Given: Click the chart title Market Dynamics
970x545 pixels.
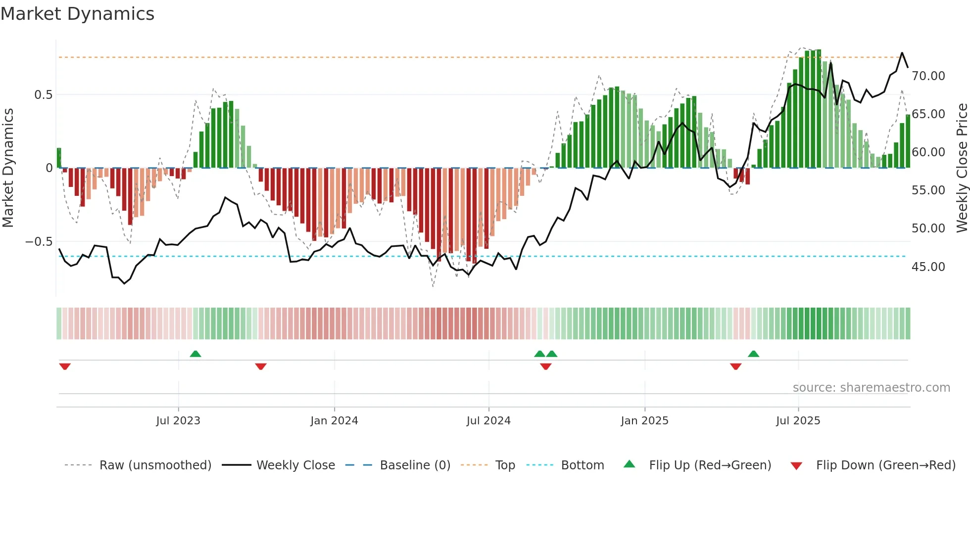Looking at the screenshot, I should pos(78,14).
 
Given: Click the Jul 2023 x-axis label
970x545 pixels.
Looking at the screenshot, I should pos(178,421).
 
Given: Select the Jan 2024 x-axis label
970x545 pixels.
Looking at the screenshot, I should pos(334,421).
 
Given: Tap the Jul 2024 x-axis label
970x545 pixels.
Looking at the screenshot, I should pos(488,421).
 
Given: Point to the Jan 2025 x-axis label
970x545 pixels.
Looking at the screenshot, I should pos(644,421).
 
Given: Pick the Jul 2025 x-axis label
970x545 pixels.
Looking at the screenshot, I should pos(798,421).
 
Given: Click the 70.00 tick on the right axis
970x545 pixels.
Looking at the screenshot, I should pos(928,76).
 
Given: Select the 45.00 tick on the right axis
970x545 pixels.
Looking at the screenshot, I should pos(928,267).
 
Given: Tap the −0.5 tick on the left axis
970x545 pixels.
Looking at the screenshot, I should pos(39,242).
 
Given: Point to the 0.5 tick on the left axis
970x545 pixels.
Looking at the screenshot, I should pos(43,95).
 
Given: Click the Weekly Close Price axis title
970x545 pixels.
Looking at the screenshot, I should pos(962,168).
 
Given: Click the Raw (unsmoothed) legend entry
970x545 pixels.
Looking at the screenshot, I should pos(155,465).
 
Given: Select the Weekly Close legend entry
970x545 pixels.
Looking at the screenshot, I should pos(295,465).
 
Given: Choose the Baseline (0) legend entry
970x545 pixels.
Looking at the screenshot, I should pos(415,465).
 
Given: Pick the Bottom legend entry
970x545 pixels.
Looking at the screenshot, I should pos(582,465).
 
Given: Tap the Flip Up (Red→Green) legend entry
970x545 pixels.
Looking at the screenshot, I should pos(710,465).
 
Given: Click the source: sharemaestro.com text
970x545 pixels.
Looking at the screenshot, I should pos(871,388).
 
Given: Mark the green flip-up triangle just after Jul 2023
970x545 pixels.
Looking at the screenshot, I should pos(195,354).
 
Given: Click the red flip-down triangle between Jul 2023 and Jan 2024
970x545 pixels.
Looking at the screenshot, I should pos(261,366).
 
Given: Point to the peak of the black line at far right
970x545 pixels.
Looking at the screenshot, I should pos(902,53).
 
